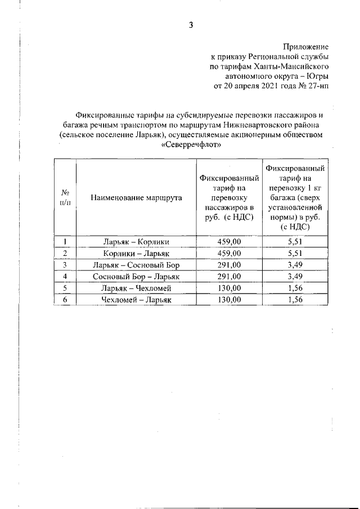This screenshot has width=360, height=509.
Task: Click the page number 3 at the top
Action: tap(191, 25)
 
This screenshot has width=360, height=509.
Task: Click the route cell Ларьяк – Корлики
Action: tap(136, 242)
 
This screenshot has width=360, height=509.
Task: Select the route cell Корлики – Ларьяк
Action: tap(136, 253)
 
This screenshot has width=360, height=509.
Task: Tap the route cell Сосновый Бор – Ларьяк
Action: tap(136, 276)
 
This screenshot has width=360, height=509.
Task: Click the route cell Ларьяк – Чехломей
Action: tap(136, 288)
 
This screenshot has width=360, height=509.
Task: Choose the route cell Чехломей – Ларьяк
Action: tap(136, 299)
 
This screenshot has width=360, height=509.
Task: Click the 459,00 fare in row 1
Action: tap(229, 242)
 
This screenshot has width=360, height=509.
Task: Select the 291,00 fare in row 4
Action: tap(229, 276)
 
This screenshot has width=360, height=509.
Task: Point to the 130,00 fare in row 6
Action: tap(229, 299)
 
